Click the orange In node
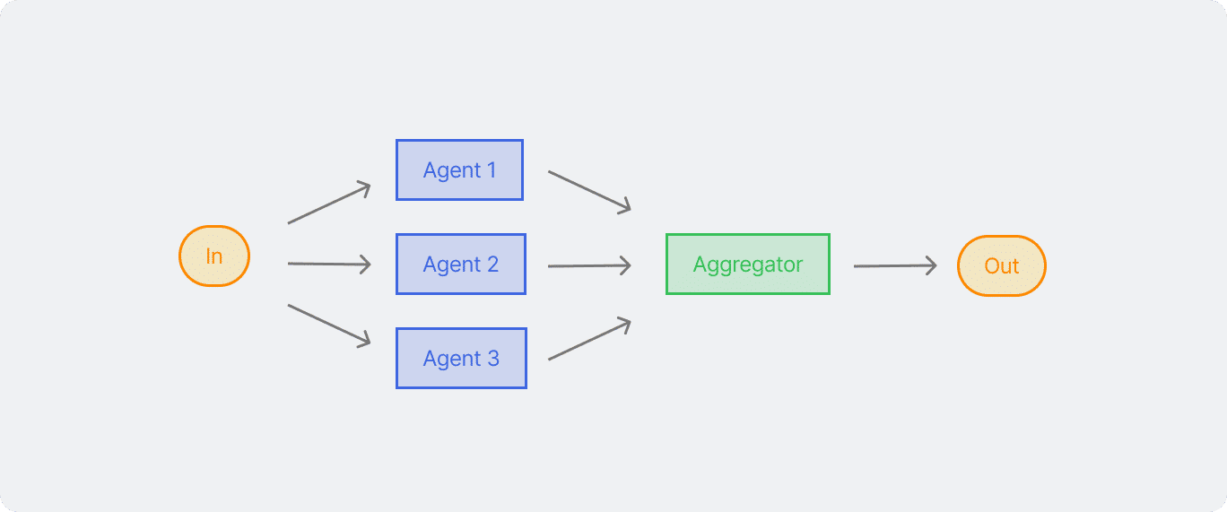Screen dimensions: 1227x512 pyautogui.click(x=214, y=256)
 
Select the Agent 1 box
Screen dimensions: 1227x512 pyautogui.click(x=459, y=169)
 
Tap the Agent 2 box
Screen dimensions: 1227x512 pyautogui.click(x=461, y=264)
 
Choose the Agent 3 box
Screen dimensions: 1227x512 pyautogui.click(x=461, y=358)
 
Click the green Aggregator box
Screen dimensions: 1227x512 pyautogui.click(x=748, y=264)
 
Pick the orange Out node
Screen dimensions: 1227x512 pyautogui.click(x=1001, y=265)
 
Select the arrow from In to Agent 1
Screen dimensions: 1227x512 pyautogui.click(x=329, y=203)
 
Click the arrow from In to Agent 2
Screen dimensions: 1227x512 pyautogui.click(x=329, y=264)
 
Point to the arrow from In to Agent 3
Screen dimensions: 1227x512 pyautogui.click(x=329, y=325)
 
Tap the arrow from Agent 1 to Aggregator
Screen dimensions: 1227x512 pyautogui.click(x=589, y=192)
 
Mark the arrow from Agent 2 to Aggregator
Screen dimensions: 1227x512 pyautogui.click(x=589, y=265)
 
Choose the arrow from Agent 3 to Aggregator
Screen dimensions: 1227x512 pyautogui.click(x=589, y=338)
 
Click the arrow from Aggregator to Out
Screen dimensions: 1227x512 pyautogui.click(x=895, y=265)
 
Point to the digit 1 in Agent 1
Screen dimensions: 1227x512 pyautogui.click(x=492, y=169)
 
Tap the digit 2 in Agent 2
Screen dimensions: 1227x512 pyautogui.click(x=492, y=264)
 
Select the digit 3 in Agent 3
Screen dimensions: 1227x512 pyautogui.click(x=493, y=358)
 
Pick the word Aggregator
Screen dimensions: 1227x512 pyautogui.click(x=748, y=265)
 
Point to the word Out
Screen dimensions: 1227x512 pyautogui.click(x=1001, y=266)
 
